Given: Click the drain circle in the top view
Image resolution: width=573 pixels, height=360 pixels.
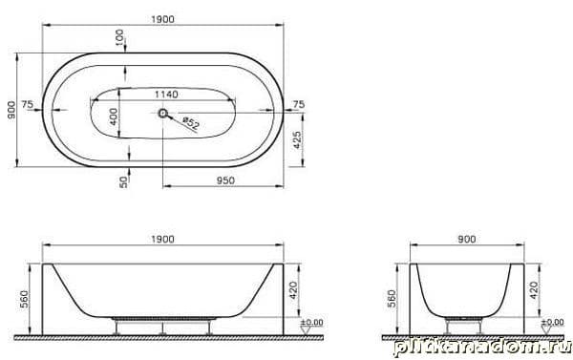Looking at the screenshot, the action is click(x=162, y=114).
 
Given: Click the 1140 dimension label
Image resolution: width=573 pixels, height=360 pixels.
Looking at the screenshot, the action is click(x=166, y=95).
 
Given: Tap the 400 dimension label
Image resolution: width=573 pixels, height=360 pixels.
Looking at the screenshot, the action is click(x=114, y=116).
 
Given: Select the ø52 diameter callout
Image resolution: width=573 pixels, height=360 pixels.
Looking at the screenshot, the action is click(x=191, y=123).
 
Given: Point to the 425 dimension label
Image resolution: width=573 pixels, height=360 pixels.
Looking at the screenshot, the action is click(x=297, y=140).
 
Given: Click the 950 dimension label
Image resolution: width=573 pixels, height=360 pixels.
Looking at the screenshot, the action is click(x=225, y=180).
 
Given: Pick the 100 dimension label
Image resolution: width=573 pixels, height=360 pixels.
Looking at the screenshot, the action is click(x=119, y=38).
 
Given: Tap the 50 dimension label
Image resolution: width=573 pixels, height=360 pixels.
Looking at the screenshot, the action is click(x=124, y=182).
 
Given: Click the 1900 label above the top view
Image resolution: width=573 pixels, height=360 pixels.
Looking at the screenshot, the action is click(x=163, y=19).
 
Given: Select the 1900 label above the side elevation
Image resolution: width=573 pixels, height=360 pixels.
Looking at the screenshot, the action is click(x=163, y=240).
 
